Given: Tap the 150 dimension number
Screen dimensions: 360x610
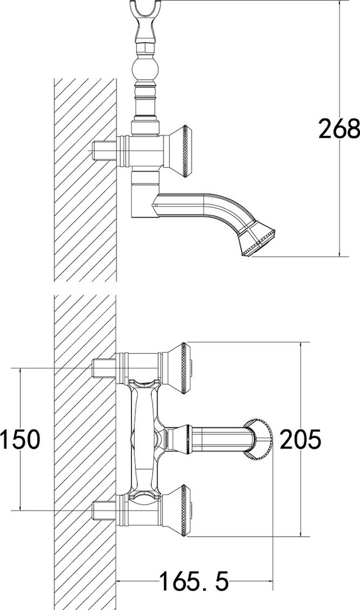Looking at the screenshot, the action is (20, 439).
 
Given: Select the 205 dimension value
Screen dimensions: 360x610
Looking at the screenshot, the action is (300, 439).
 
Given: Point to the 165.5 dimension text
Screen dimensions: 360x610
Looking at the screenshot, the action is (195, 581).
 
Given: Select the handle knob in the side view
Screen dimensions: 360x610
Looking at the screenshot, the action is (177, 151).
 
